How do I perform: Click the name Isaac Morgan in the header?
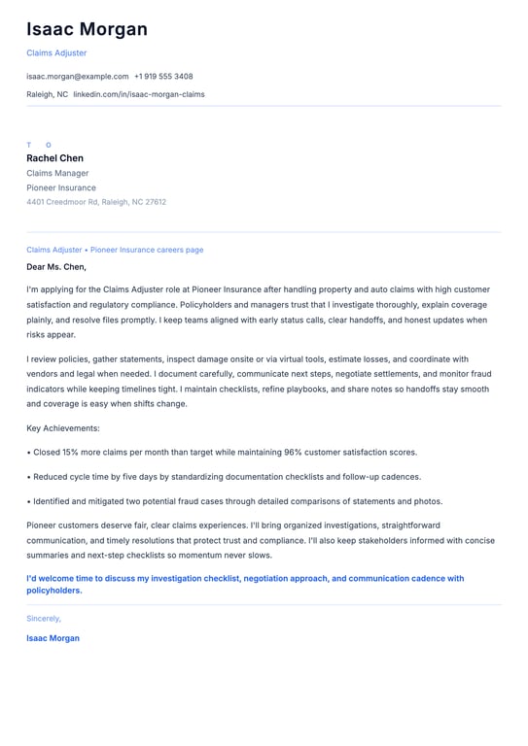click(87, 29)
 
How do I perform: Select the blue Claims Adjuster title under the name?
click(56, 53)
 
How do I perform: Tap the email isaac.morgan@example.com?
click(78, 77)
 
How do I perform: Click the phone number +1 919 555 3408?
click(163, 77)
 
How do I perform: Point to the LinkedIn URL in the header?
click(139, 94)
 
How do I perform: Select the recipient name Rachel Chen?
click(54, 158)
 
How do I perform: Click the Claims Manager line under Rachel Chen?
click(57, 173)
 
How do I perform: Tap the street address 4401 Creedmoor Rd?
click(63, 202)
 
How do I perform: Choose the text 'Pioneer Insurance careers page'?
click(147, 250)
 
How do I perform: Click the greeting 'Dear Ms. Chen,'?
click(56, 266)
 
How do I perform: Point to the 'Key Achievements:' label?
click(63, 428)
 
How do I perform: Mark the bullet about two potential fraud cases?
click(237, 501)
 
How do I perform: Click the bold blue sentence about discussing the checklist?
click(245, 584)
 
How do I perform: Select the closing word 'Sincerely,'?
click(44, 618)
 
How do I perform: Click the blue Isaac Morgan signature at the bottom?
click(53, 638)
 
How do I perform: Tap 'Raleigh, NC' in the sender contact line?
click(47, 94)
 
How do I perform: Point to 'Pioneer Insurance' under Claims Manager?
click(61, 187)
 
